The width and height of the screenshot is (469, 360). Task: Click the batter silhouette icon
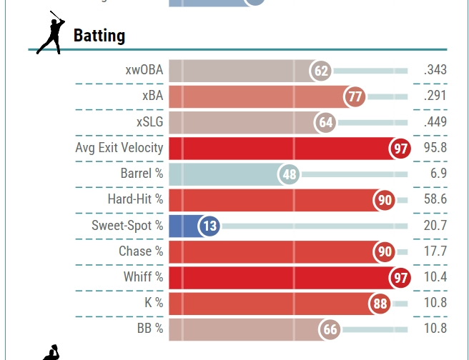pos(49,33)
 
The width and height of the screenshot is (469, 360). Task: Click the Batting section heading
pos(99,35)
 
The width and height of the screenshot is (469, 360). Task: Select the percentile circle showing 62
pos(321,71)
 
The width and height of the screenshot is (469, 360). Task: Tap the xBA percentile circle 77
pos(355,96)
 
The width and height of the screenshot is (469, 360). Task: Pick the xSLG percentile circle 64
pos(326,123)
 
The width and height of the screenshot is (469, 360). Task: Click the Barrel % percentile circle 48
pos(289,174)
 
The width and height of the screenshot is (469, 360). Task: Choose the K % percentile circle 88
pos(380,304)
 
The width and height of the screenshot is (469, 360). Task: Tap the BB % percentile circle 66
pos(330,329)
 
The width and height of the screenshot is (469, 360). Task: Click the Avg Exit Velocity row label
pos(119,148)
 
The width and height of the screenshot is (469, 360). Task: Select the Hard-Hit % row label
pos(135,199)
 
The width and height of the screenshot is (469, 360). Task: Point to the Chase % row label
pos(141,251)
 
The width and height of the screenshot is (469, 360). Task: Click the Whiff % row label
pos(143,277)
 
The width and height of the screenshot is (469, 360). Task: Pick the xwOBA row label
pos(144,71)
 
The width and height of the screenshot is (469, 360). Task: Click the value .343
pos(435,71)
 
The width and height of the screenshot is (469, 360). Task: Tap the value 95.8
pos(435,148)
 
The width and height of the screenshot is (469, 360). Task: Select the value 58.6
pos(435,199)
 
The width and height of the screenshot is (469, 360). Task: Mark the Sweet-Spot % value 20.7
pos(435,226)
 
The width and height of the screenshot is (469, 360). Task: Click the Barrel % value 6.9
pos(439,174)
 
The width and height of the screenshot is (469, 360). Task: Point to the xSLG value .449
pos(435,122)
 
